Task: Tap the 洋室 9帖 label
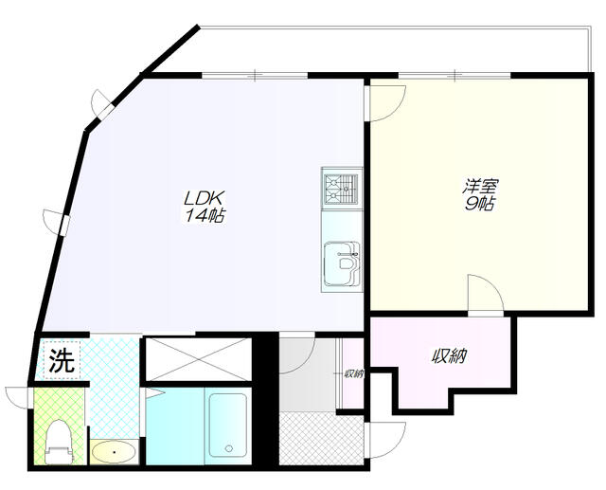pos(480,194)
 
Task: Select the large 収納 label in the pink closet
pos(450,356)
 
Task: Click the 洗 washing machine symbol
pos(62,360)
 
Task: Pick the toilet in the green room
pos(59,442)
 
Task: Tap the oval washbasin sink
pos(114,452)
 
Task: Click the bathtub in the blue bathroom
pos(227,425)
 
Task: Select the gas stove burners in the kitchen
pos(340,190)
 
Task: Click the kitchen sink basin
pos(342,263)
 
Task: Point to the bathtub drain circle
pos(229,448)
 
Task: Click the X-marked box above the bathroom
pos(198,359)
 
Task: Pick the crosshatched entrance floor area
pos(321,438)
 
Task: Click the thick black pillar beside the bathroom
pos(265,399)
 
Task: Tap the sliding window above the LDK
pos(255,75)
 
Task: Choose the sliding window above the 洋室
pos(454,75)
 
